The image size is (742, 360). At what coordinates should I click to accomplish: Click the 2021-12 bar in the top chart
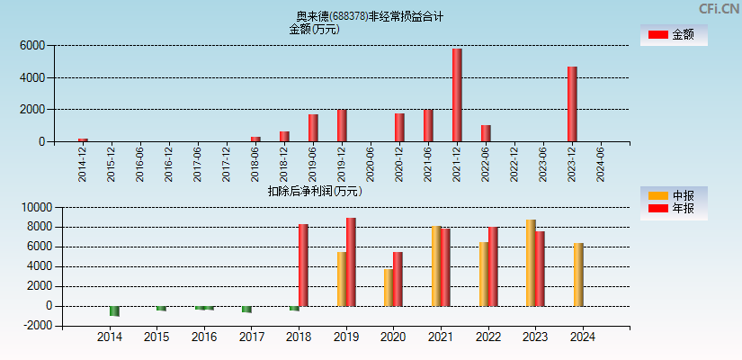click(x=457, y=94)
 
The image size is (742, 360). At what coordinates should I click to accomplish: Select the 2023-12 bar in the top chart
click(x=572, y=103)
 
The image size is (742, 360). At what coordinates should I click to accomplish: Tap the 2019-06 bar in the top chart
click(x=313, y=128)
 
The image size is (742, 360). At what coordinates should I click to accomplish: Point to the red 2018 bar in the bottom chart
click(x=303, y=265)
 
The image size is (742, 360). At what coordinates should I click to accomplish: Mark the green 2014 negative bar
click(x=114, y=311)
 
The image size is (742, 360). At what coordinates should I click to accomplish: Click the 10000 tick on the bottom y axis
click(x=33, y=207)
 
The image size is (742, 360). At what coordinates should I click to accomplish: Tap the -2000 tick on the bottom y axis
click(x=33, y=326)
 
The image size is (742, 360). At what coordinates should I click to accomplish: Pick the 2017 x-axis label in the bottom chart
click(x=252, y=337)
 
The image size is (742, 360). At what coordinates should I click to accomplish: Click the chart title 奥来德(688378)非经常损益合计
click(x=370, y=16)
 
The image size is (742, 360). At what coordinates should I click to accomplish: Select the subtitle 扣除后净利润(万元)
click(x=314, y=191)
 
